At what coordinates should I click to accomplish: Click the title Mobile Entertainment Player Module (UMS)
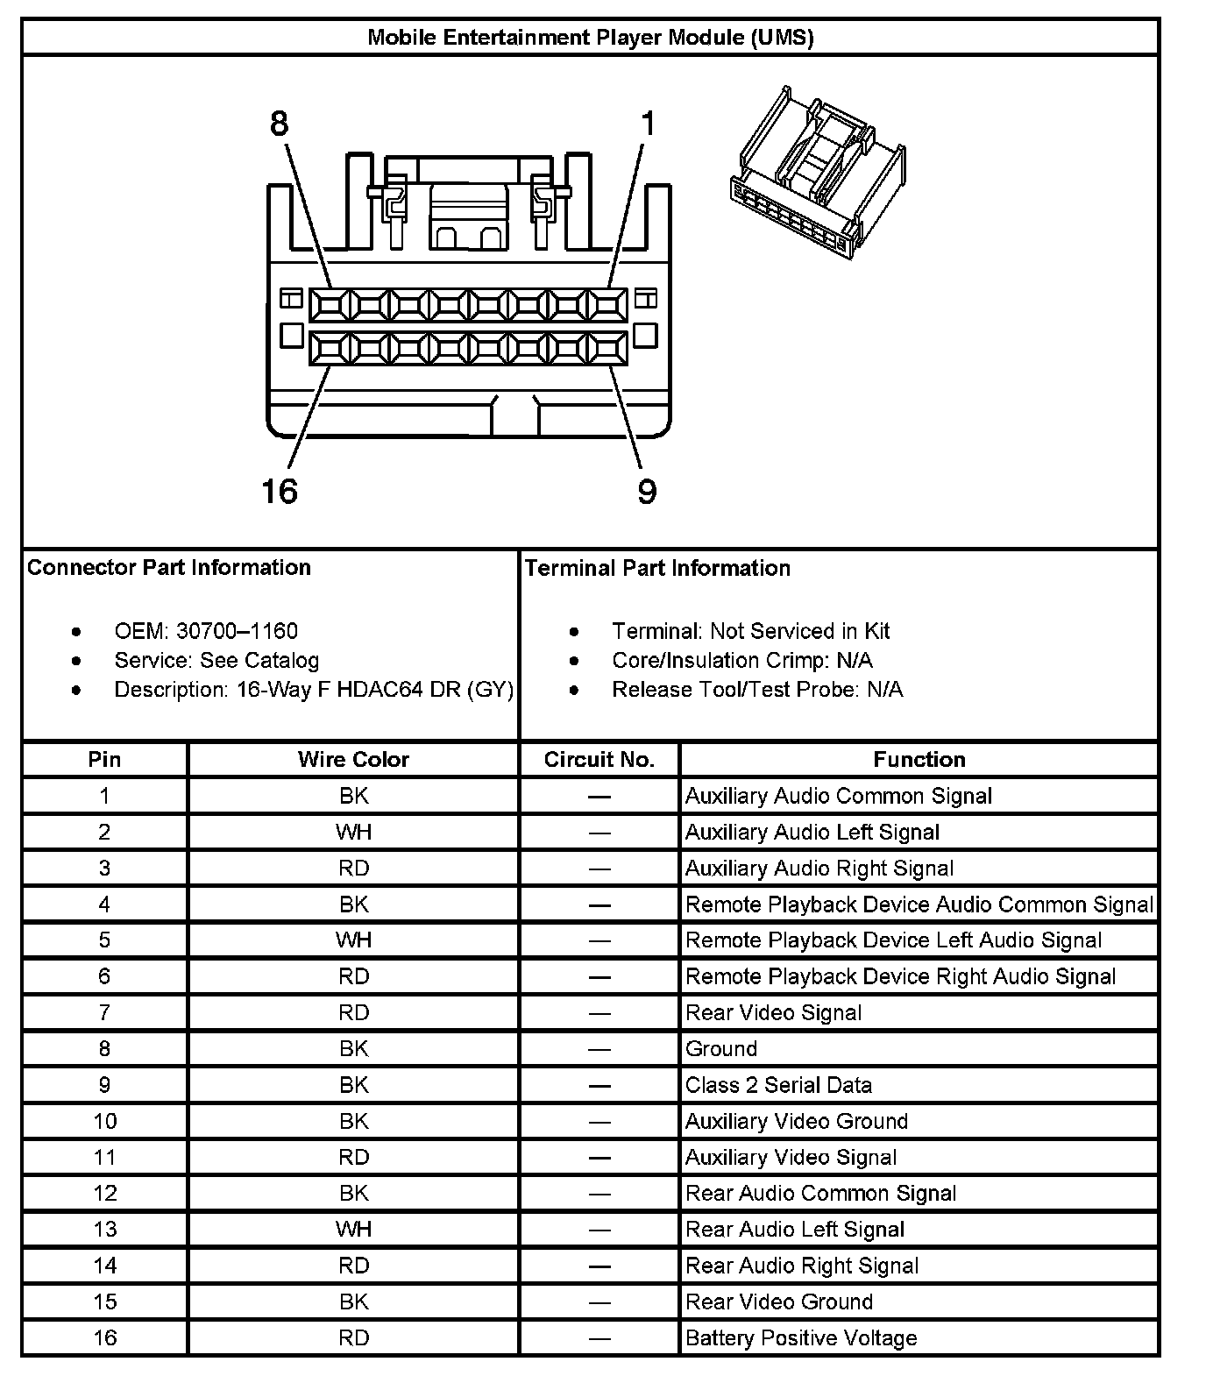click(x=590, y=38)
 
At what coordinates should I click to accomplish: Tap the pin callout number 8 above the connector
click(x=279, y=124)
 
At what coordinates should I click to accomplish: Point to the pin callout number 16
click(x=280, y=491)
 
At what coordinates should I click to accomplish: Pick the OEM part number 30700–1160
click(x=237, y=631)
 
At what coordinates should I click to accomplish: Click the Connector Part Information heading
click(x=169, y=567)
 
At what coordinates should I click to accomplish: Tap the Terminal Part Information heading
click(x=657, y=568)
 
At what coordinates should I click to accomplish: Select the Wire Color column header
click(x=353, y=760)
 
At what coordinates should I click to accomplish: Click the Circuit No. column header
click(x=599, y=760)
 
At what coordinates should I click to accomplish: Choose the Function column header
click(x=919, y=760)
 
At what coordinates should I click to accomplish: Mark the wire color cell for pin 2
click(x=353, y=832)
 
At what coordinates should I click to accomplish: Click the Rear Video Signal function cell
click(x=774, y=1013)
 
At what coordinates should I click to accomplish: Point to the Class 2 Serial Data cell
click(x=778, y=1085)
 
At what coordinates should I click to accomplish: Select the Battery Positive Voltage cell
click(x=801, y=1338)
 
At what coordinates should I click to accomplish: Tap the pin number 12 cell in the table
click(x=104, y=1194)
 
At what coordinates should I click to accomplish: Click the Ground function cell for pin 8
click(x=721, y=1049)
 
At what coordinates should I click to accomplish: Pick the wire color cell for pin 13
click(x=353, y=1230)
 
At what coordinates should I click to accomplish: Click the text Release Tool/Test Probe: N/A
click(x=757, y=690)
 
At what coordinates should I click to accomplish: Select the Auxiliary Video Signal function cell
click(x=791, y=1158)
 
